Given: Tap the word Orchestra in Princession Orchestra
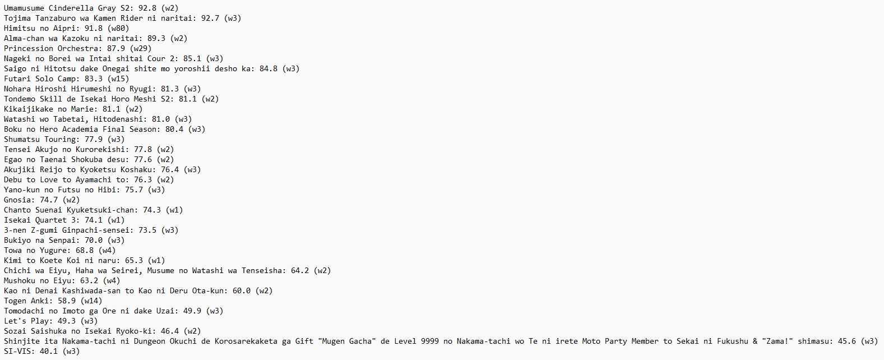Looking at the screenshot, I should pyautogui.click(x=78, y=48).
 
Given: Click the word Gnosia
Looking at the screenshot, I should pyautogui.click(x=17, y=200).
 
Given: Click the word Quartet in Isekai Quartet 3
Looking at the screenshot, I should pyautogui.click(x=51, y=220).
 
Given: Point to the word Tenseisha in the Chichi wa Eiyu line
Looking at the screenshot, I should pyautogui.click(x=262, y=270).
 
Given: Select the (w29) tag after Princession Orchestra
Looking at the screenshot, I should pyautogui.click(x=141, y=48).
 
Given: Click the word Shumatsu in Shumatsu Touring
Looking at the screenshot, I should pyautogui.click(x=22, y=139).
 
